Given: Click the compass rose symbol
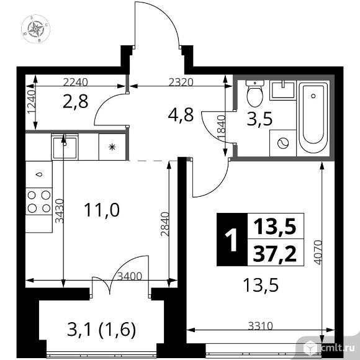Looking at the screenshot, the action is coord(35,29).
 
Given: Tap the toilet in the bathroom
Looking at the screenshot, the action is coord(254,94).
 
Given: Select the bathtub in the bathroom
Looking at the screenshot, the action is coord(313,118).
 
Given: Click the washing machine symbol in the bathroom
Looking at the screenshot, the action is coord(283,143).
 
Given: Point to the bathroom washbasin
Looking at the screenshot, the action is coord(283,90).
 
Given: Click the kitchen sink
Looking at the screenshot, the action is coord(65,147).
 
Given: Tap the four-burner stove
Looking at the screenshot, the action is coord(39,201).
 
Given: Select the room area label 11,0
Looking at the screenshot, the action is coord(102,210).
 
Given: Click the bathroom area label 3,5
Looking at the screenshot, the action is coord(259,119).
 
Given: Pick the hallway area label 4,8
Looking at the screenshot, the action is coord(181,115).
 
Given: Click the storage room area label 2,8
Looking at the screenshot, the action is coord(75,101).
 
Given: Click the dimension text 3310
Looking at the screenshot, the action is coord(260,326).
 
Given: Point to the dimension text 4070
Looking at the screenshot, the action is coord(318,252).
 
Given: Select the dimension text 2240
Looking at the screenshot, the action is coord(75,82).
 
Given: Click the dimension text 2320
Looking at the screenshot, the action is coord(181,82).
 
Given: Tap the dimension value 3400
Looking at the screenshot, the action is coord(130,276).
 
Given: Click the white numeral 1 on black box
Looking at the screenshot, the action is coord(232,240).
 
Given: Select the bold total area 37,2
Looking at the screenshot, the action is coord(274,253).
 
